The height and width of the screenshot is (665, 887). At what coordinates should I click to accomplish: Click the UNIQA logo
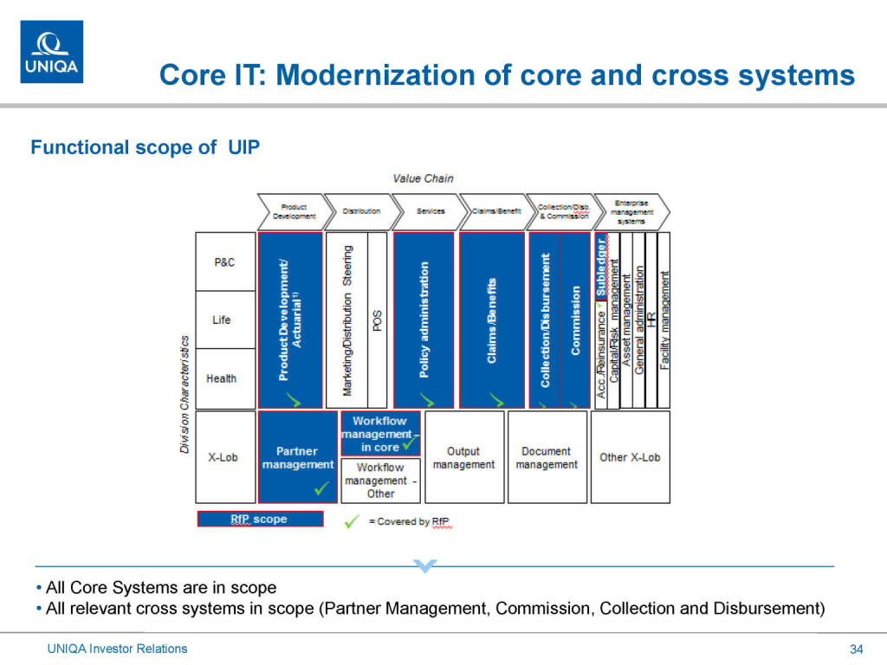(52, 51)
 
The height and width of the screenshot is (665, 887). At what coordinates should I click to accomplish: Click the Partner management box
(297, 457)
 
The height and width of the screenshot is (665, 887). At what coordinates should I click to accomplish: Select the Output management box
(463, 457)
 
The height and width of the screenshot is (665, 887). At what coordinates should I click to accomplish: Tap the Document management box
(547, 457)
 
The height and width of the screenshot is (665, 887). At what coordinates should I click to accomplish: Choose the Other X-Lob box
(630, 457)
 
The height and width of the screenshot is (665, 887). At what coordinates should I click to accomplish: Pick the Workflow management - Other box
(380, 481)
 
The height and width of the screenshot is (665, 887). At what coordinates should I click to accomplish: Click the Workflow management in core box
(380, 433)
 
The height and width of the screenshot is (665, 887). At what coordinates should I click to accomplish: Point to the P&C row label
(224, 261)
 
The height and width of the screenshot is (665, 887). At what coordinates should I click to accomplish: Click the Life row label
(222, 320)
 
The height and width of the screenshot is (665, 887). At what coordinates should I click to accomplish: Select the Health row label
(222, 378)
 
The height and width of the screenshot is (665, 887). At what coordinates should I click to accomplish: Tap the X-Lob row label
(223, 457)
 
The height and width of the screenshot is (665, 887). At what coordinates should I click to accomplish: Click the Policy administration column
(423, 320)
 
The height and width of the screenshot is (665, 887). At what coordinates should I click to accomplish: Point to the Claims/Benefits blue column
(491, 320)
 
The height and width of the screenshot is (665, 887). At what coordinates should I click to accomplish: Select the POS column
(377, 320)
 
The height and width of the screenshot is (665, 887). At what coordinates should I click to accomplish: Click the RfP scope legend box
(260, 520)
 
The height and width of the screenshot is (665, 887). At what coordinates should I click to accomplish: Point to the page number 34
(857, 649)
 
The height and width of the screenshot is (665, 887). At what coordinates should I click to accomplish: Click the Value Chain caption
(423, 178)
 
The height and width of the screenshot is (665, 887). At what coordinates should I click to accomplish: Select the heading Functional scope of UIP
(145, 147)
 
